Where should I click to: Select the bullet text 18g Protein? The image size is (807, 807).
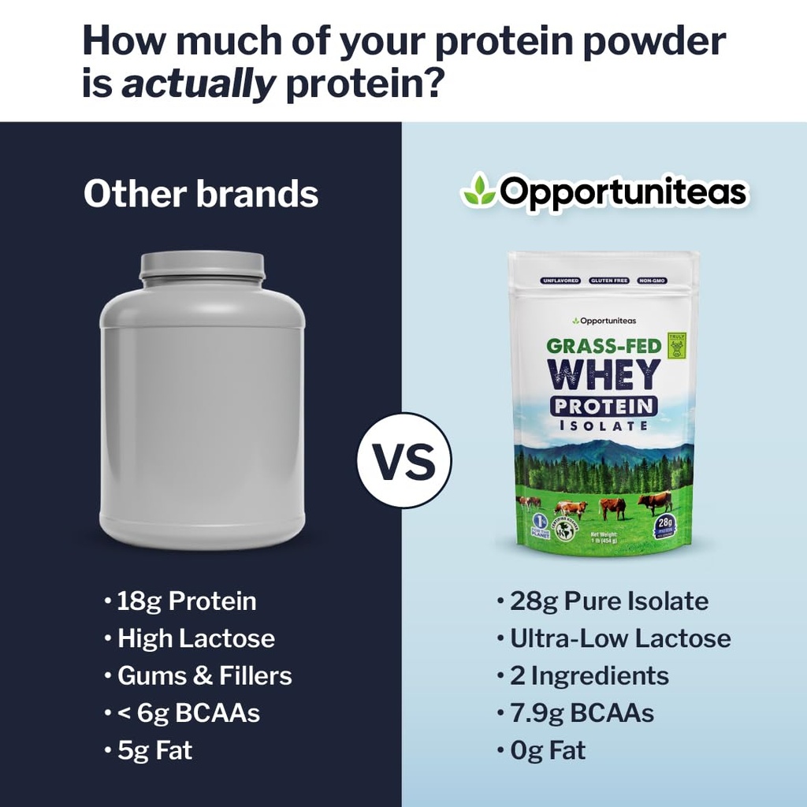pyautogui.click(x=187, y=601)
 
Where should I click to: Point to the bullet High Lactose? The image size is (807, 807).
pyautogui.click(x=196, y=638)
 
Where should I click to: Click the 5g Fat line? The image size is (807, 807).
pyautogui.click(x=154, y=750)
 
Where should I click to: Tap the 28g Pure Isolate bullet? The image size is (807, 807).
pyautogui.click(x=608, y=601)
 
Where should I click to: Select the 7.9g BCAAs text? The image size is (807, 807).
pyautogui.click(x=582, y=713)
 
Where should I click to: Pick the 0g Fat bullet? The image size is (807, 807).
pyautogui.click(x=548, y=750)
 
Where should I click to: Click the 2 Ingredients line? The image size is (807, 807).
pyautogui.click(x=589, y=675)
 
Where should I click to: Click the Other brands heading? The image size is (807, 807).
pyautogui.click(x=201, y=194)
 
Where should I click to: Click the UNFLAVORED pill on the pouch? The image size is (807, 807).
pyautogui.click(x=560, y=281)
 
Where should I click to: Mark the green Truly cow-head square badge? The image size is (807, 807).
pyautogui.click(x=676, y=344)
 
